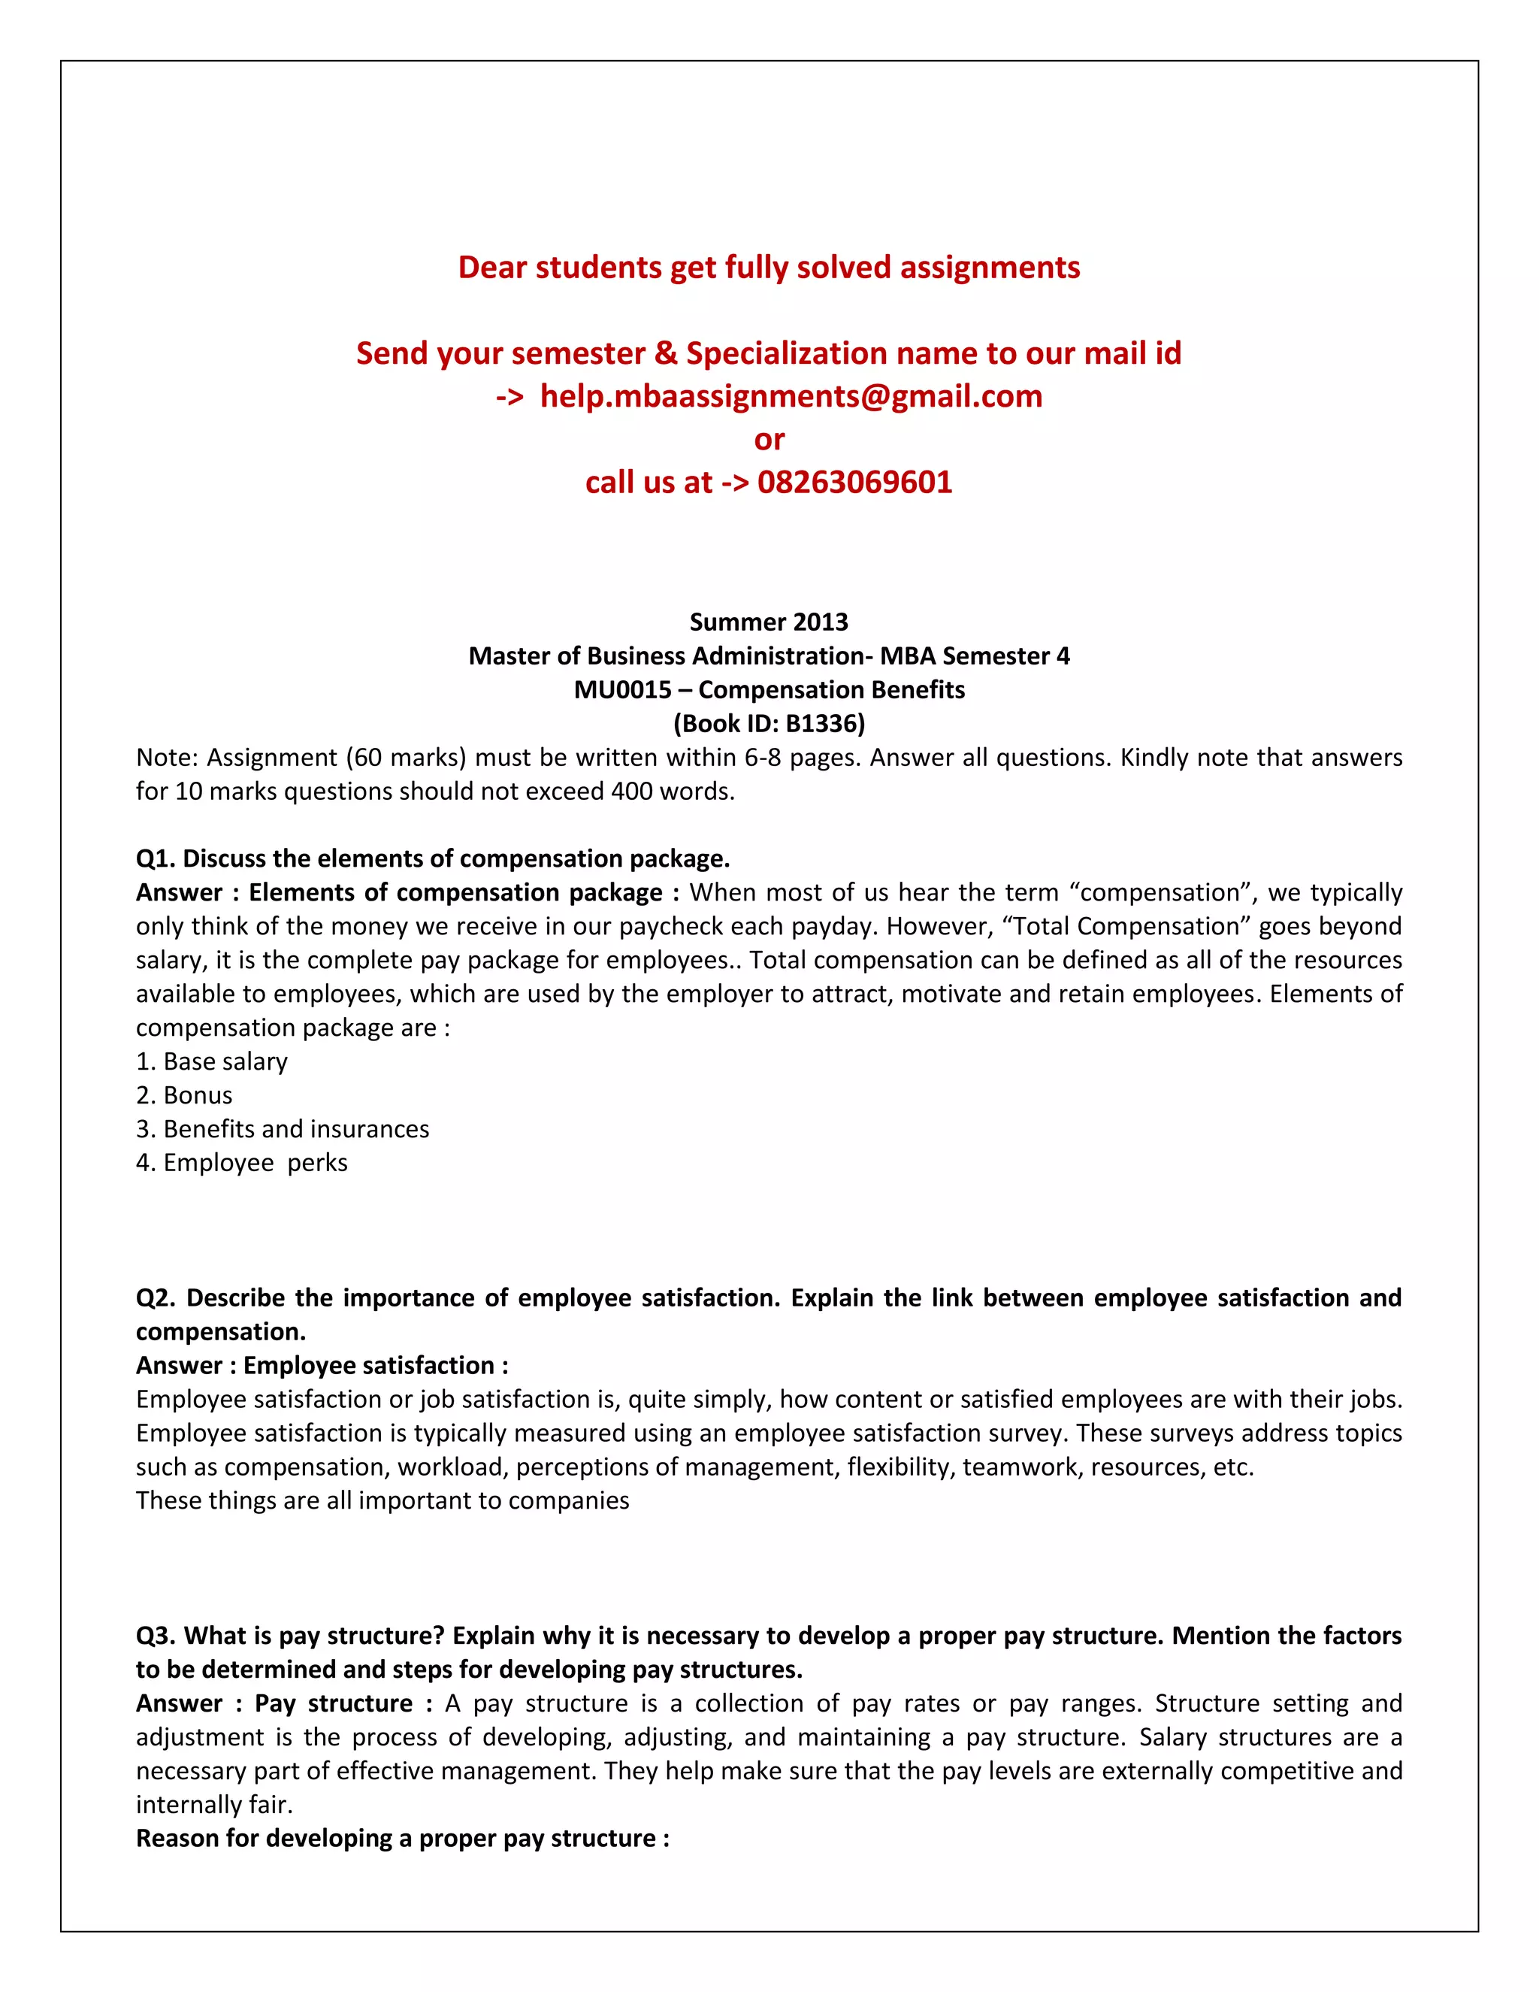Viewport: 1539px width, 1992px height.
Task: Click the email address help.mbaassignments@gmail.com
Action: coord(791,397)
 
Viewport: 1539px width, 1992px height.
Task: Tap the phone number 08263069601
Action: coord(854,483)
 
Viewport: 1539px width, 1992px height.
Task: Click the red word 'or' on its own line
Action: coord(769,440)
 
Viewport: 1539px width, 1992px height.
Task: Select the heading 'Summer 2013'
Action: coord(769,622)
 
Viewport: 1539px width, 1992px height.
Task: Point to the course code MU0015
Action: coord(623,689)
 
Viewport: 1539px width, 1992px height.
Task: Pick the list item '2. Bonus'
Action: coord(184,1095)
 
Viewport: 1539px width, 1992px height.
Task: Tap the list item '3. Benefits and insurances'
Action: coord(283,1129)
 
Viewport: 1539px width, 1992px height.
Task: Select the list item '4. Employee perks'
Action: coord(242,1163)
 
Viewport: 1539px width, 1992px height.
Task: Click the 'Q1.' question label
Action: coord(155,859)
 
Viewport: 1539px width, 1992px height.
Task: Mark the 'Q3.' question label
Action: coord(155,1636)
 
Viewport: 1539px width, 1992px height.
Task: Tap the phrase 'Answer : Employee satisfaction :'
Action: coord(322,1365)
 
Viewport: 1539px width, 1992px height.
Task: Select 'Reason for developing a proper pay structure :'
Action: coord(402,1838)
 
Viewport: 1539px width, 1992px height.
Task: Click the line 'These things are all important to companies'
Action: coord(382,1500)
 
